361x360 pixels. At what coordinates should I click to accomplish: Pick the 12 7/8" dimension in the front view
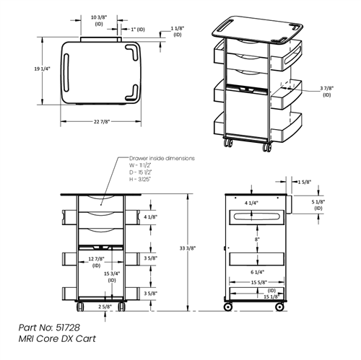tap(97, 258)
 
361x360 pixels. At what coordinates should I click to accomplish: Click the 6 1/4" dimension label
tap(256, 271)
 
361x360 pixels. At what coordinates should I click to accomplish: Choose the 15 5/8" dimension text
tap(256, 282)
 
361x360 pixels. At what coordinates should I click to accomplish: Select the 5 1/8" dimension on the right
tap(321, 206)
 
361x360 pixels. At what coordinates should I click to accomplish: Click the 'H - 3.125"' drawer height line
tap(144, 179)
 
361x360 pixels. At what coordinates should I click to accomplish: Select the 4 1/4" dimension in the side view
tap(252, 203)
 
